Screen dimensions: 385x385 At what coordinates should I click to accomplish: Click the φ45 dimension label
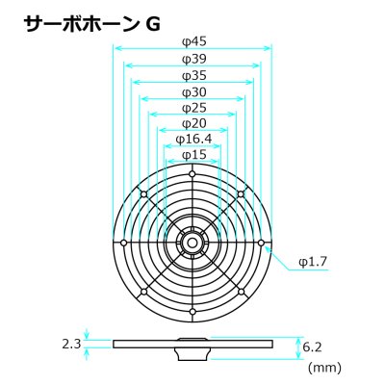(193, 41)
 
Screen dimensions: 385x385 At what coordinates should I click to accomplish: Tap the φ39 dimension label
(193, 59)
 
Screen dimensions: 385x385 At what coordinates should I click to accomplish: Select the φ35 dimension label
(193, 76)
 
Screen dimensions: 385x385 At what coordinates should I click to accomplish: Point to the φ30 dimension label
(193, 92)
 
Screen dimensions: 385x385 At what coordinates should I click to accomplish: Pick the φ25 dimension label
(193, 108)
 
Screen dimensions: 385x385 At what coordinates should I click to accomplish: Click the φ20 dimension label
(193, 123)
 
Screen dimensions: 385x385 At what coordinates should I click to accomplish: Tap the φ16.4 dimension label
(193, 140)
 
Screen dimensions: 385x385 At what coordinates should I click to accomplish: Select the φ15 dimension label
(193, 155)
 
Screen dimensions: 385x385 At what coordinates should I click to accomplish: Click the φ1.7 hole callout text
(313, 262)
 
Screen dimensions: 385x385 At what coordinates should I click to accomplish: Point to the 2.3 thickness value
(71, 345)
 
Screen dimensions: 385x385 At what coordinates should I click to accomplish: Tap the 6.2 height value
(313, 347)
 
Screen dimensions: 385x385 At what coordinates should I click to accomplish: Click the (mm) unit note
(324, 368)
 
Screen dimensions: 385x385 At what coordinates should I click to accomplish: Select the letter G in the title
(153, 25)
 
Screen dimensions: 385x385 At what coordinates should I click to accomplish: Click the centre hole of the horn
(192, 243)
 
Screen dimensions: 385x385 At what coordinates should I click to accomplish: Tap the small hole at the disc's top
(192, 174)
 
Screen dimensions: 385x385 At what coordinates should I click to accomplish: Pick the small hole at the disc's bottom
(192, 312)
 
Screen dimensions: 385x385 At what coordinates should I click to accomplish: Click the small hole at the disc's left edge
(123, 243)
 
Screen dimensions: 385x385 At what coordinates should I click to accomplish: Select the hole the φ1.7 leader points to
(261, 243)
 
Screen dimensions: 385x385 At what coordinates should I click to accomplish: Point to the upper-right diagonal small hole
(241, 194)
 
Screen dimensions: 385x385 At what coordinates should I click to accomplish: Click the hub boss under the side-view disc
(192, 354)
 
